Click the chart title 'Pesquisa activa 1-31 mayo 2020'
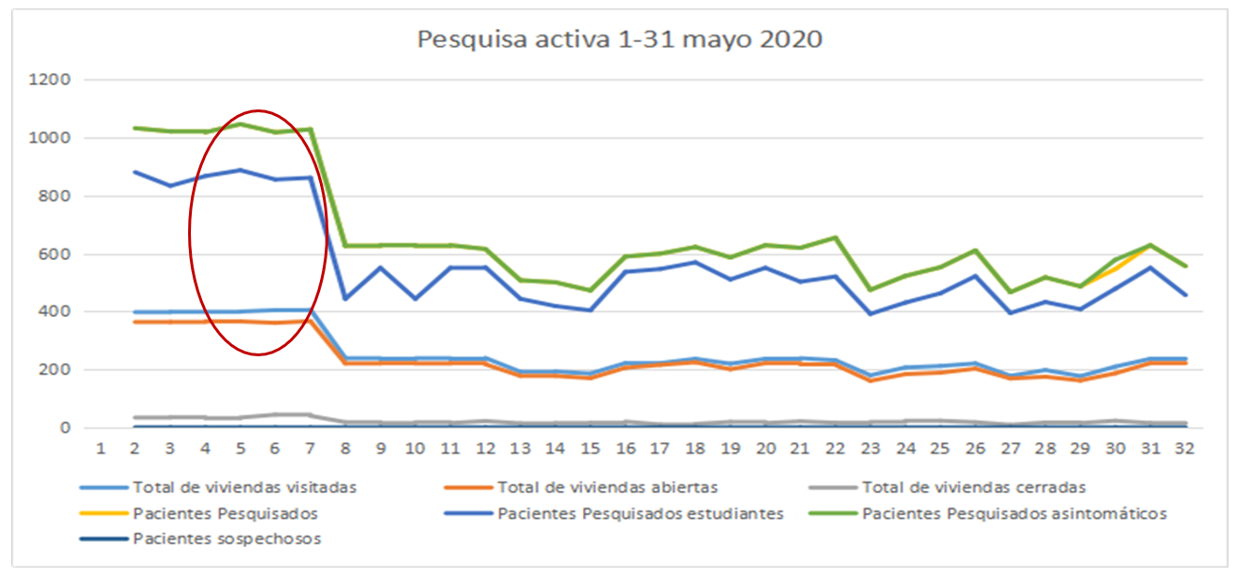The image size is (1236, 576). pyautogui.click(x=619, y=39)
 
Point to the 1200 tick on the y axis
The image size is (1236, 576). pyautogui.click(x=51, y=80)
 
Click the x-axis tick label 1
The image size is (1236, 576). pyautogui.click(x=99, y=448)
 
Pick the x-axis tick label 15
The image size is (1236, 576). pyautogui.click(x=590, y=448)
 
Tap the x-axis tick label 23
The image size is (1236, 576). pyautogui.click(x=872, y=448)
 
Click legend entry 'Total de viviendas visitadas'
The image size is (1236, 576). pyautogui.click(x=244, y=487)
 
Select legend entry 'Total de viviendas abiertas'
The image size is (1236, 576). pyautogui.click(x=608, y=487)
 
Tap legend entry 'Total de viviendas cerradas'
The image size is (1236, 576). pyautogui.click(x=973, y=487)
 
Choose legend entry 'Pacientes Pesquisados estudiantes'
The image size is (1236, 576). pyautogui.click(x=640, y=512)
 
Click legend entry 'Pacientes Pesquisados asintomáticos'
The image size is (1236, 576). pyautogui.click(x=1014, y=512)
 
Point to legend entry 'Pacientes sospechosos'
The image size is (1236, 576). pyautogui.click(x=227, y=539)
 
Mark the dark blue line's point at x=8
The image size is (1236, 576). pyautogui.click(x=344, y=299)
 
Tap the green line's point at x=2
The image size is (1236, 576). pyautogui.click(x=135, y=128)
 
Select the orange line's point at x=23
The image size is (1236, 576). pyautogui.click(x=872, y=381)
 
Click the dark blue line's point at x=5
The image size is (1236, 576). pyautogui.click(x=240, y=170)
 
